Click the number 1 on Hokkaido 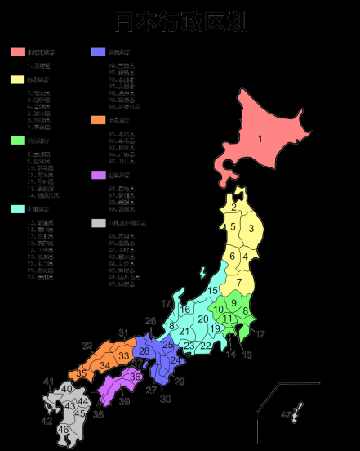[260, 139]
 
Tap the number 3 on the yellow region [251, 228]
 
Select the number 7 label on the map [239, 283]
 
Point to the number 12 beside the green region [260, 333]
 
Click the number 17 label [166, 304]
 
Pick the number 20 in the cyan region [202, 318]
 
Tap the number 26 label [150, 321]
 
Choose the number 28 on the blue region [144, 351]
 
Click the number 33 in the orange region [123, 356]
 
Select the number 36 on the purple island [136, 376]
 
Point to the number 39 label [124, 401]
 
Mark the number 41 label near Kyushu [48, 382]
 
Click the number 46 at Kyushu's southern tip [64, 429]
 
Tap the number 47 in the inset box [286, 415]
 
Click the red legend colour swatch [18, 52]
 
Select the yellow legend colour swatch [18, 80]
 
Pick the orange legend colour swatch [99, 120]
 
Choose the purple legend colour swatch [99, 175]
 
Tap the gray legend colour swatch [99, 222]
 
